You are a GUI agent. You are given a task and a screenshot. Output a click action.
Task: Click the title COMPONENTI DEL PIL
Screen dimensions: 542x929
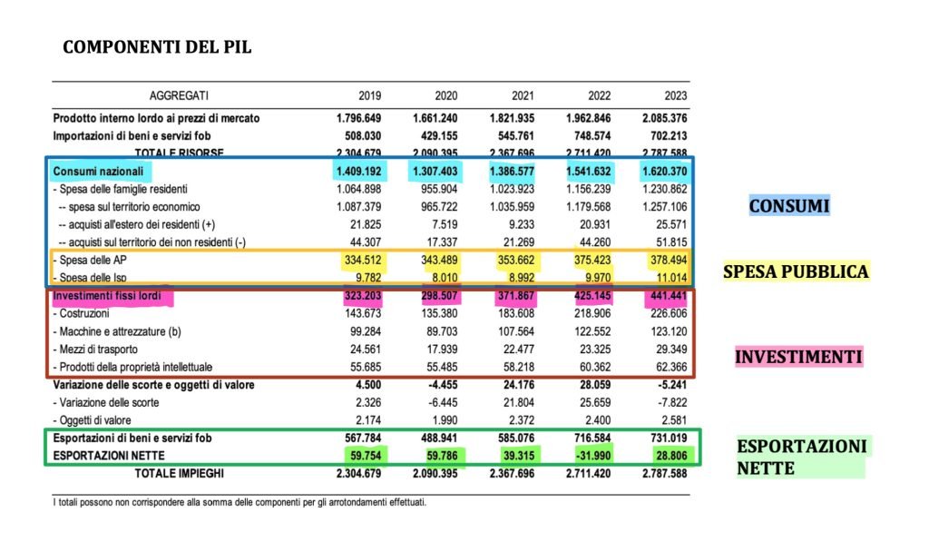click(x=156, y=46)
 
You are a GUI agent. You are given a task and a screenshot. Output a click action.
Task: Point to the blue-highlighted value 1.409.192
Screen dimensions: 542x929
click(x=360, y=171)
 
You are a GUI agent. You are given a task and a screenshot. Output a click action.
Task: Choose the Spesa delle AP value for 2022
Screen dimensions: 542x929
click(x=590, y=261)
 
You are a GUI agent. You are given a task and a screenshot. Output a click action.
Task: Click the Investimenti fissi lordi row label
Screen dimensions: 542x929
click(x=112, y=296)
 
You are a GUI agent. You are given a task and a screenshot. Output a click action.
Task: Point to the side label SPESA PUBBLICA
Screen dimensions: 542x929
click(x=796, y=271)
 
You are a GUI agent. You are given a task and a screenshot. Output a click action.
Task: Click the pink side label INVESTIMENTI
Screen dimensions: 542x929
click(x=797, y=357)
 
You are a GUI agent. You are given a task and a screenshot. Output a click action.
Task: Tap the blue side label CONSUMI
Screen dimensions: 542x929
click(x=788, y=206)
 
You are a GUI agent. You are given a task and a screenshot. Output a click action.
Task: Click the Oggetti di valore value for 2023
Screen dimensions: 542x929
click(x=670, y=419)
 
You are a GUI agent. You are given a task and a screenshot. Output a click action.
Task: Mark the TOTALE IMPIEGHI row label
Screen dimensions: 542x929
click(x=178, y=473)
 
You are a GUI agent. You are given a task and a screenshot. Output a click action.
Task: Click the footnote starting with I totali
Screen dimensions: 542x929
click(x=240, y=502)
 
